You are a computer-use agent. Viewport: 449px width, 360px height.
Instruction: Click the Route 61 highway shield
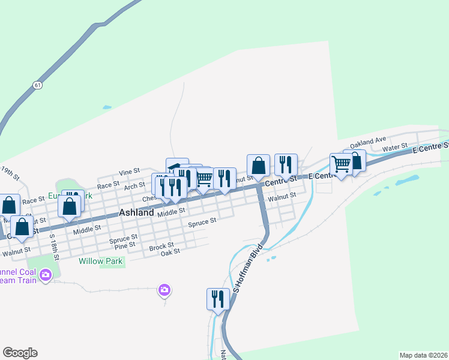click(x=38, y=85)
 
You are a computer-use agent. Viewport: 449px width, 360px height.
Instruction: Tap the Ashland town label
click(x=137, y=212)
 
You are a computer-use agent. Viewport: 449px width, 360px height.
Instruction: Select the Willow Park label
click(x=101, y=261)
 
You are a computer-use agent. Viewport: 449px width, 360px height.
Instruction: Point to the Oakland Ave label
click(x=369, y=140)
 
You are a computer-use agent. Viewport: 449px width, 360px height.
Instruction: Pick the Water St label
click(x=395, y=146)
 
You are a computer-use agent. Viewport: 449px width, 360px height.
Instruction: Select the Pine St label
click(x=124, y=246)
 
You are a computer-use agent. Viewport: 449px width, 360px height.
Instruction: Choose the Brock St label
click(x=161, y=246)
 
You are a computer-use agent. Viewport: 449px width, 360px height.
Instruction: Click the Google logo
click(x=20, y=353)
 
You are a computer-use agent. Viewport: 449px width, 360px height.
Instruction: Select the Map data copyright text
click(x=423, y=355)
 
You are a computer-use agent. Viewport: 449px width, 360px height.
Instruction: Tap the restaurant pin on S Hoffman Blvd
click(x=217, y=299)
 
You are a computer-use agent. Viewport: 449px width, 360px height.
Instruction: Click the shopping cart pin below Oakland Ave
click(x=341, y=164)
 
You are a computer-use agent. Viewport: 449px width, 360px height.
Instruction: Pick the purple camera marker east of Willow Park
click(x=164, y=290)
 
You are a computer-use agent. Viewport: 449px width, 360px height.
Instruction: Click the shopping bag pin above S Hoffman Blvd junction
click(x=258, y=165)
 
